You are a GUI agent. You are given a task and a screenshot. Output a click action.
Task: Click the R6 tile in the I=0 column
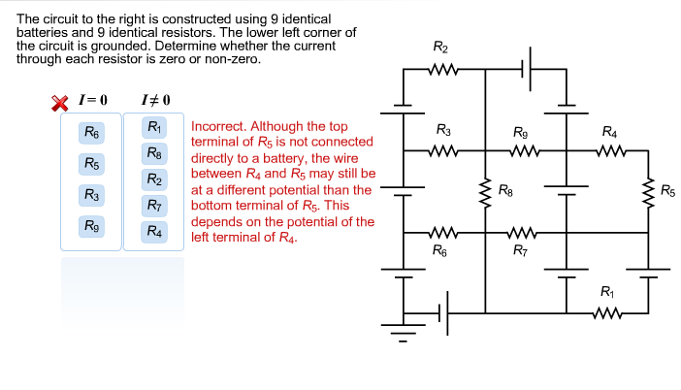(x=91, y=132)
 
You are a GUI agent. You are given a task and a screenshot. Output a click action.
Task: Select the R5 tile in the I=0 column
(x=91, y=163)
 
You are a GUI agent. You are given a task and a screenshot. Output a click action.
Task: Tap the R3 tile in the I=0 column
(x=91, y=195)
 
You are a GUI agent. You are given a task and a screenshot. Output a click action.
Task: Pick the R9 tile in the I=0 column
(x=91, y=226)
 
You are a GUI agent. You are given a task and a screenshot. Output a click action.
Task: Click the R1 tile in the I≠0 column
(x=153, y=127)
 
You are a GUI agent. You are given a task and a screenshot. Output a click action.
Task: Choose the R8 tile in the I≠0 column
(x=153, y=152)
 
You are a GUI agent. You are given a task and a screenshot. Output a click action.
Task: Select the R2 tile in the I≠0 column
(x=153, y=179)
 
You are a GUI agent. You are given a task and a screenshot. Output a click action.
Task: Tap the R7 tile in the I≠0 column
(x=153, y=205)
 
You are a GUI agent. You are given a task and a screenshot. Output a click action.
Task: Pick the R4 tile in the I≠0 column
(x=153, y=231)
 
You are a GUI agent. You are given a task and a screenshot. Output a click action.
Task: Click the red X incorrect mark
(x=60, y=101)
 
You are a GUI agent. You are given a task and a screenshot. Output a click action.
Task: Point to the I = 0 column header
(x=92, y=100)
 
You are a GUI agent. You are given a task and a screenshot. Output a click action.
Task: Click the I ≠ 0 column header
(x=154, y=100)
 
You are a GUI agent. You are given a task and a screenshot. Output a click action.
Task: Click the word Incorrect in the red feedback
(x=218, y=126)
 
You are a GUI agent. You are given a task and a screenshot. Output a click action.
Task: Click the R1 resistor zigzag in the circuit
(x=607, y=312)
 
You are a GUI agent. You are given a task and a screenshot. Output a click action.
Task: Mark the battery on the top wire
(x=530, y=69)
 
